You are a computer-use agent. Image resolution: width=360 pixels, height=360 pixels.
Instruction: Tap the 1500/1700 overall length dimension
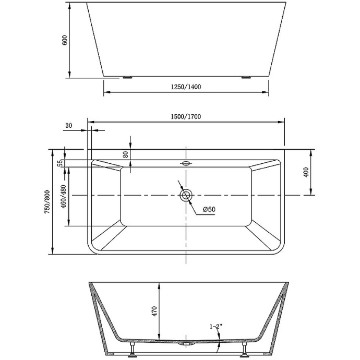(x=186, y=116)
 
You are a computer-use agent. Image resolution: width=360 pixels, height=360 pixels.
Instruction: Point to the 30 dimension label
(x=69, y=125)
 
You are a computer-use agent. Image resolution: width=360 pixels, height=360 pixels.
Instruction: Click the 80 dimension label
(x=125, y=154)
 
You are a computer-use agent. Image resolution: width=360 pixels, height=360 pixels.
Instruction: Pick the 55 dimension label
(x=60, y=163)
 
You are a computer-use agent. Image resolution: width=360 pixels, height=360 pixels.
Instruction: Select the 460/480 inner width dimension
(x=63, y=197)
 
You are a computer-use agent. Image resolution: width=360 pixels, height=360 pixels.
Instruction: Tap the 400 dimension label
(x=306, y=172)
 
